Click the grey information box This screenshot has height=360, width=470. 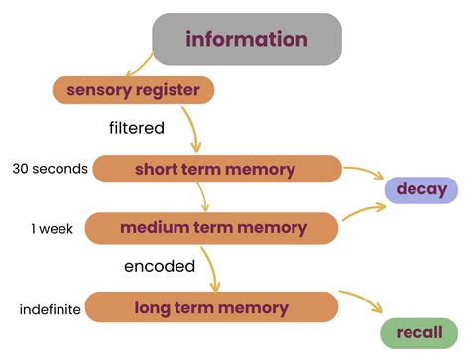(x=247, y=40)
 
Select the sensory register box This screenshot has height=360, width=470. (x=133, y=91)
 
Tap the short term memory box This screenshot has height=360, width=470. (x=215, y=170)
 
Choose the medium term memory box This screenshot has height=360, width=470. (x=212, y=228)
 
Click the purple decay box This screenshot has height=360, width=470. (x=421, y=189)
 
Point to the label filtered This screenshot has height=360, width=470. (x=138, y=128)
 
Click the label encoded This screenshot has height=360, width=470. (x=159, y=266)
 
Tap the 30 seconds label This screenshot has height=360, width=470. (x=50, y=169)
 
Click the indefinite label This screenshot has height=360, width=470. (x=50, y=309)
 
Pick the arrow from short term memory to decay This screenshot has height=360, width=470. (x=363, y=175)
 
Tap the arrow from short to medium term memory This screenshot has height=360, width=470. (x=203, y=198)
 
